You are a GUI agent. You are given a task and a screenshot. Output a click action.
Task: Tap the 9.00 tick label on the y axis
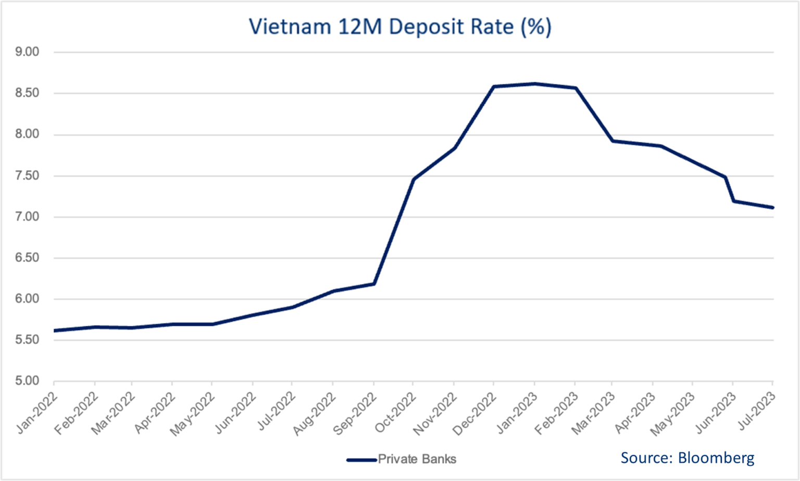tap(28, 52)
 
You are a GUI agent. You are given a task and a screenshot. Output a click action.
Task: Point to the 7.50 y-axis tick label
tap(28, 176)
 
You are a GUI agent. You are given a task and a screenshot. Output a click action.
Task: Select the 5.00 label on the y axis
tap(28, 381)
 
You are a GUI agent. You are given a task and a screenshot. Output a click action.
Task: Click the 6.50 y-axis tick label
tap(28, 258)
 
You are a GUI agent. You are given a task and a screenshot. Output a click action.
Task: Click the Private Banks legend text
tap(417, 459)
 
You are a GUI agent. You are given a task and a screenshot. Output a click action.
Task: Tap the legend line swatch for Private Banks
tap(361, 460)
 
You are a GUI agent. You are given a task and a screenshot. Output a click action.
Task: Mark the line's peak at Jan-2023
tap(534, 83)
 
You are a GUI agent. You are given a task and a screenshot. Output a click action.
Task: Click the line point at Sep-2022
tap(374, 284)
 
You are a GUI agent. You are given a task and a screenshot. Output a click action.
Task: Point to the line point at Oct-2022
tap(414, 180)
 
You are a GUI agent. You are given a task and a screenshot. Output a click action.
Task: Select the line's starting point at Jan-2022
tap(54, 331)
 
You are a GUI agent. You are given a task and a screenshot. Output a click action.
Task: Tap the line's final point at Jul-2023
tap(772, 208)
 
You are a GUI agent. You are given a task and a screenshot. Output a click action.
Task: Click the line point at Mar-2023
tap(613, 141)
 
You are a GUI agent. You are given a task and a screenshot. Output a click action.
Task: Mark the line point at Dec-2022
tap(494, 86)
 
